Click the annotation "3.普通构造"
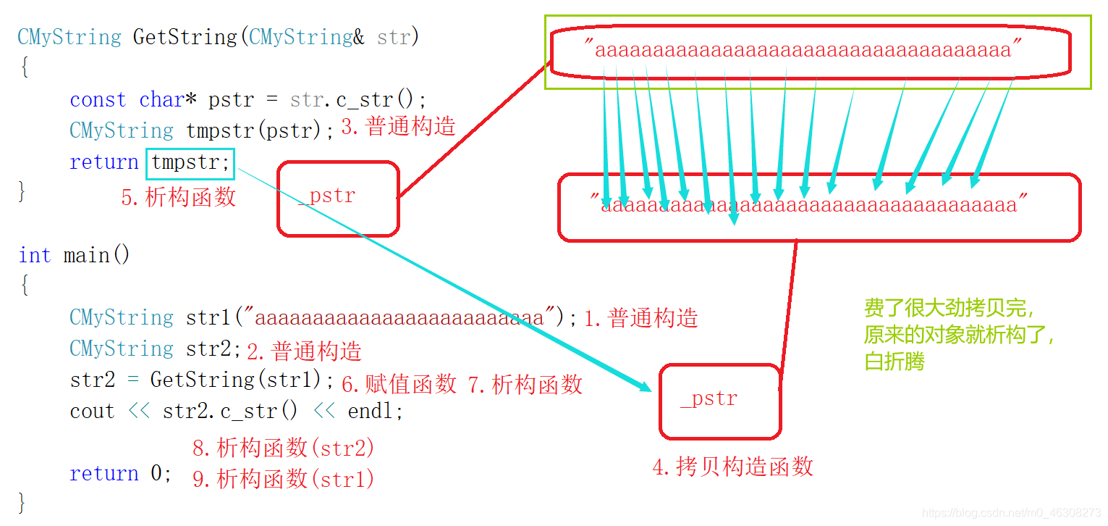pyautogui.click(x=398, y=127)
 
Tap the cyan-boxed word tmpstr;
pyautogui.click(x=190, y=162)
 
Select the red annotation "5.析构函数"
pyautogui.click(x=179, y=197)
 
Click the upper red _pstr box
pyautogui.click(x=338, y=198)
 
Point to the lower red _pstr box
pyautogui.click(x=719, y=401)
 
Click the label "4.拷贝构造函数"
pyautogui.click(x=732, y=467)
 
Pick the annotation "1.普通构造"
pyautogui.click(x=640, y=318)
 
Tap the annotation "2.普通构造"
pyautogui.click(x=304, y=351)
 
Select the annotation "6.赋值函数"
pyautogui.click(x=399, y=383)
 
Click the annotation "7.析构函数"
pyautogui.click(x=525, y=384)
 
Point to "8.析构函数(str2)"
pyautogui.click(x=284, y=448)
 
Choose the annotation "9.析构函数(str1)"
pyautogui.click(x=284, y=478)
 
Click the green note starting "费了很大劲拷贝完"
pyautogui.click(x=958, y=334)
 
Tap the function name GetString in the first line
pyautogui.click(x=185, y=37)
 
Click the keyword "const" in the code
pyautogui.click(x=98, y=100)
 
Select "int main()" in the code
pyautogui.click(x=74, y=256)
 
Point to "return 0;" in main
pyautogui.click(x=121, y=474)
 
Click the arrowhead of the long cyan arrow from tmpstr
pyautogui.click(x=646, y=388)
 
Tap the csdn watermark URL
pyautogui.click(x=1012, y=513)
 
